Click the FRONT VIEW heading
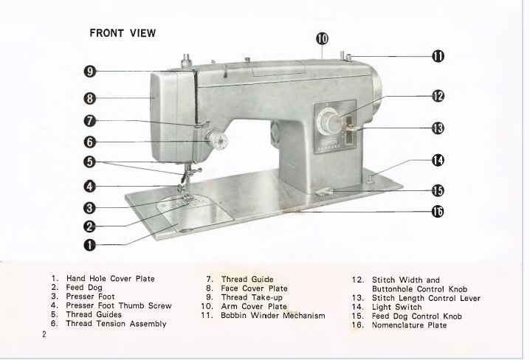pos(122,33)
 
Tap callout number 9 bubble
pos(89,72)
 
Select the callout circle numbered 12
pos(438,96)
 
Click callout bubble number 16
pos(438,212)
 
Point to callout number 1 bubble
pos(89,243)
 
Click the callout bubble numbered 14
pos(438,159)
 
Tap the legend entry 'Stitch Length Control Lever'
pos(427,298)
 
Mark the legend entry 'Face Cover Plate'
pos(254,288)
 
